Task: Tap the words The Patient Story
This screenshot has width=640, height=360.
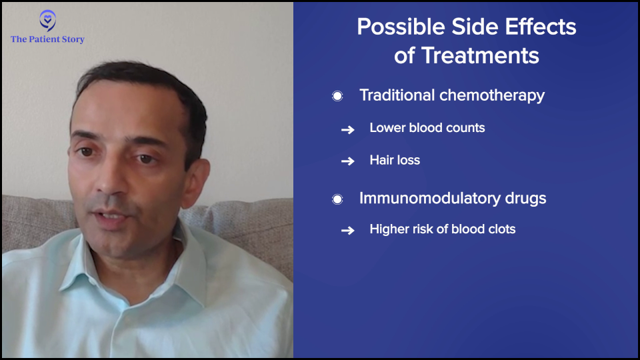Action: click(47, 39)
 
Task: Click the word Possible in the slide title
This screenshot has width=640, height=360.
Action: click(401, 27)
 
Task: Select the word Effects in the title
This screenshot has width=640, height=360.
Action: click(541, 27)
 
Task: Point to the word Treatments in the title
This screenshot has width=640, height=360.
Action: click(480, 55)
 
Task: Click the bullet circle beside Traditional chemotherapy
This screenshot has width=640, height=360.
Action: click(337, 96)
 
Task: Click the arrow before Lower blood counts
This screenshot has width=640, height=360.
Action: click(348, 130)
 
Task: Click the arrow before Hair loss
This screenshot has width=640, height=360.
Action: click(348, 161)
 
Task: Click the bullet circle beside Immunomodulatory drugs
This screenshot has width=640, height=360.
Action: click(337, 199)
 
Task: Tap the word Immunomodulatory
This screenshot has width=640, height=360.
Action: click(430, 199)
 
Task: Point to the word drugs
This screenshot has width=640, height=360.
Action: click(526, 199)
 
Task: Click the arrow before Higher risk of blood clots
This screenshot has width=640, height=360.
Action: click(348, 231)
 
